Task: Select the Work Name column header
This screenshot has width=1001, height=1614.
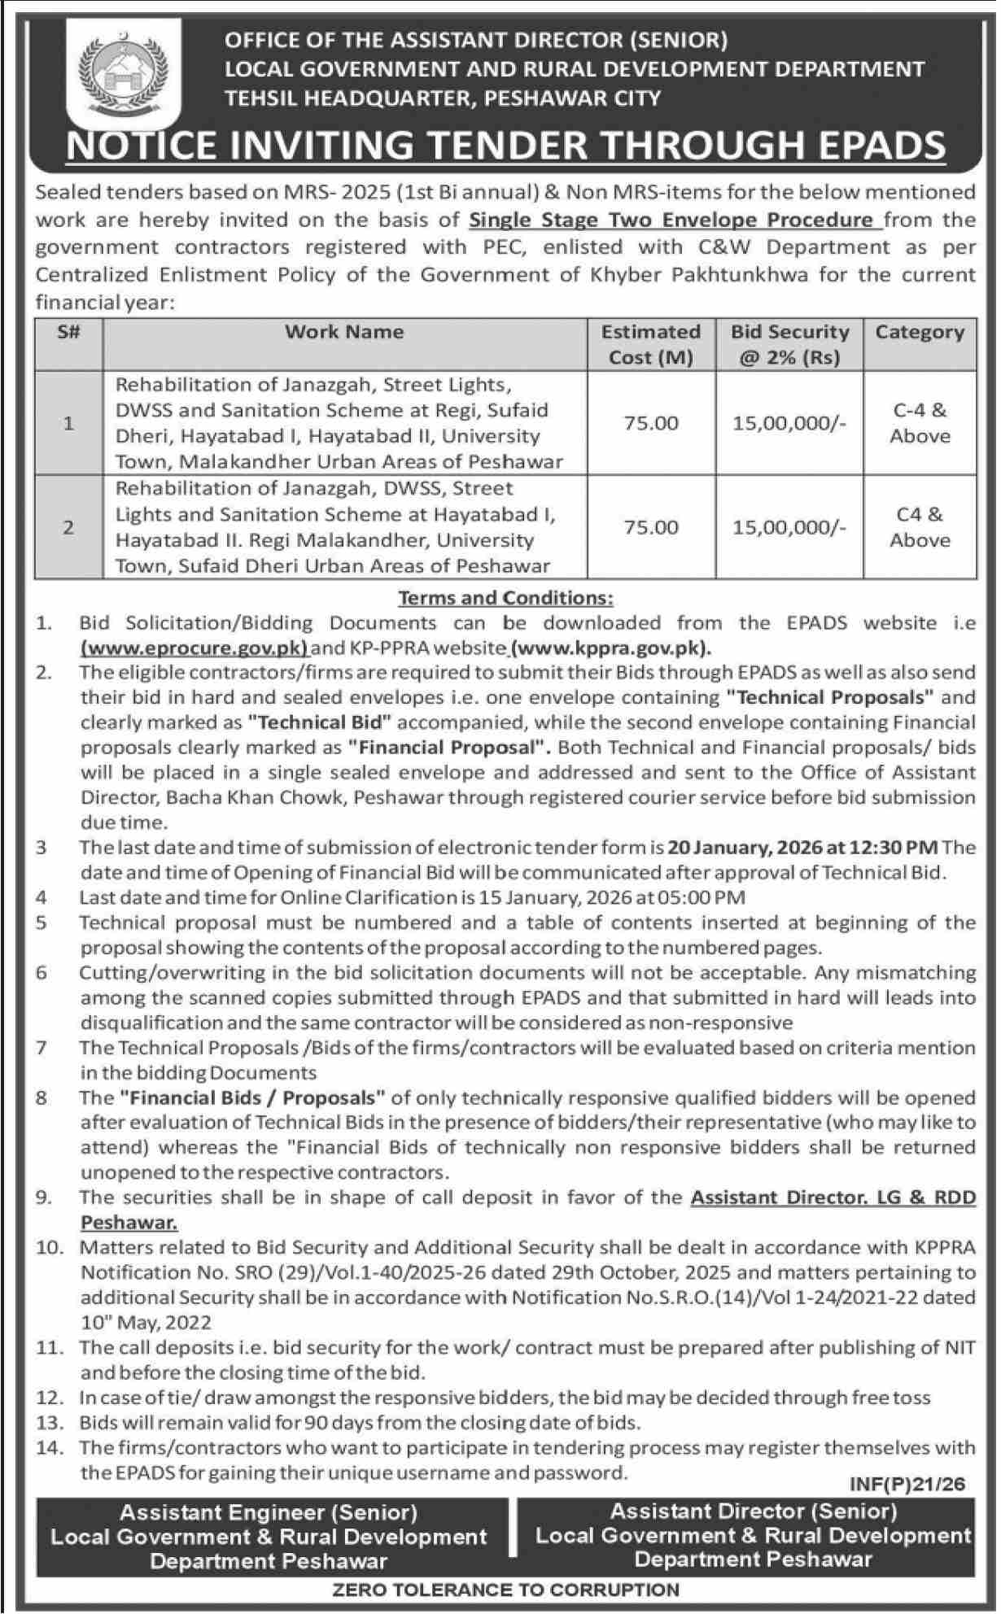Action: (344, 332)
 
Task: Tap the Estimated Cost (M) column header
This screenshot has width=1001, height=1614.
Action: (650, 344)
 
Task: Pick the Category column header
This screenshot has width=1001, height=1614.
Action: (920, 332)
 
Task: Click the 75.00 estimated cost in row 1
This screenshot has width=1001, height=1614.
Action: (650, 423)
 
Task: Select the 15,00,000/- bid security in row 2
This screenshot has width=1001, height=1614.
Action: (789, 527)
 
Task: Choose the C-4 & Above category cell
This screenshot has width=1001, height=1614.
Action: (920, 423)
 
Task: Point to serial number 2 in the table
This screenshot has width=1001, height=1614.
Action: (68, 527)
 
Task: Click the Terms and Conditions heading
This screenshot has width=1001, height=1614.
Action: (505, 598)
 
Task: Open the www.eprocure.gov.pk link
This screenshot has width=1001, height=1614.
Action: (194, 648)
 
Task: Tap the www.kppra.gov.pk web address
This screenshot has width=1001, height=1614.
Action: (610, 648)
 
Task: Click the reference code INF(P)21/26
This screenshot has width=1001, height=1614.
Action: (907, 1484)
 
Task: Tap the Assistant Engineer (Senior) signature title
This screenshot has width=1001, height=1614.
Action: (269, 1512)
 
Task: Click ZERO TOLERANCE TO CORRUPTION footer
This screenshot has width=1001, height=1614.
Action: (505, 1589)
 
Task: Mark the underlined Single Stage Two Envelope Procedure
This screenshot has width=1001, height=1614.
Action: (672, 220)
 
